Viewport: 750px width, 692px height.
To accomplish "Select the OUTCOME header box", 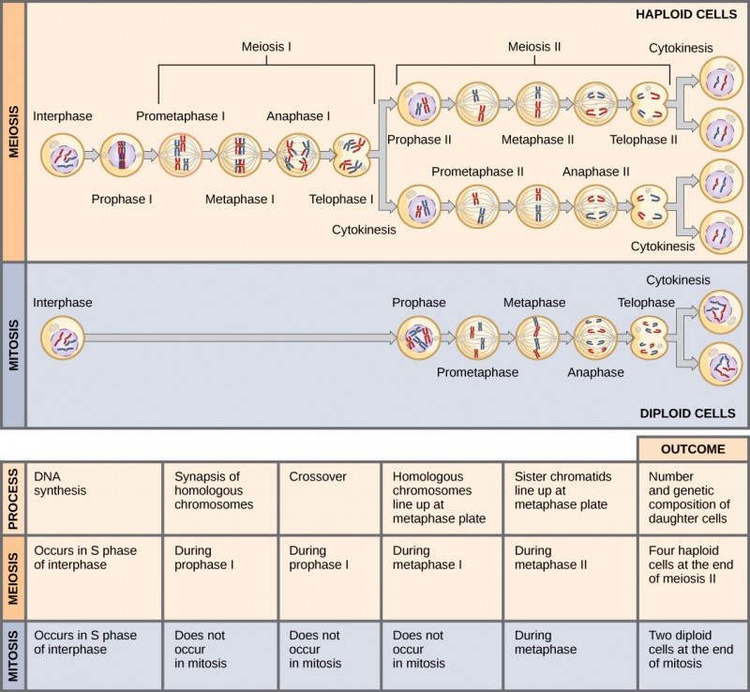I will click(693, 449).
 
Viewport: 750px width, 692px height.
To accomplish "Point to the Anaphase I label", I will click(298, 116).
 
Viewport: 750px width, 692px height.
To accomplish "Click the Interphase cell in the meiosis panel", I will click(64, 154).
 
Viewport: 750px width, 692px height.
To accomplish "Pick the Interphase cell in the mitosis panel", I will click(64, 338).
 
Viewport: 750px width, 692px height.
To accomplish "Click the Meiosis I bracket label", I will click(266, 47).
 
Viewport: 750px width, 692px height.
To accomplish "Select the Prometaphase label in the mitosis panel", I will click(478, 372).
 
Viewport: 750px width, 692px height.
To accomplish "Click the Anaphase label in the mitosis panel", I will click(595, 372).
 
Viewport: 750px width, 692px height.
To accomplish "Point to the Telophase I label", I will click(342, 199).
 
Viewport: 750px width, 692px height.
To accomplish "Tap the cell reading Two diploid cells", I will click(693, 649).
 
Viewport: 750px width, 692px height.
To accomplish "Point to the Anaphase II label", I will click(595, 172).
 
